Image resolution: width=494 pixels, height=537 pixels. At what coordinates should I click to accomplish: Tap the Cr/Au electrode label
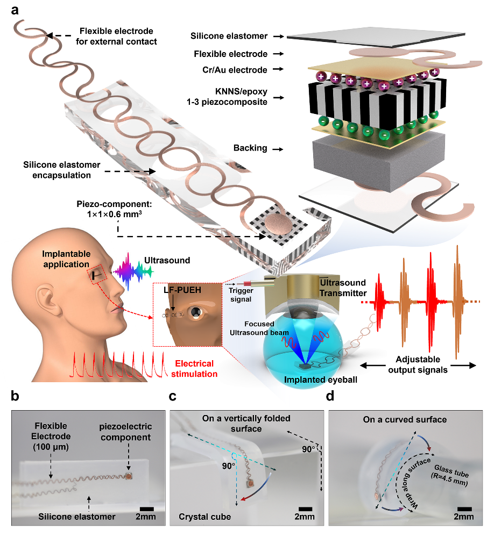coord(235,69)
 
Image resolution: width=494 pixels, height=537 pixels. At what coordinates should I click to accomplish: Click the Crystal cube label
coord(204,518)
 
